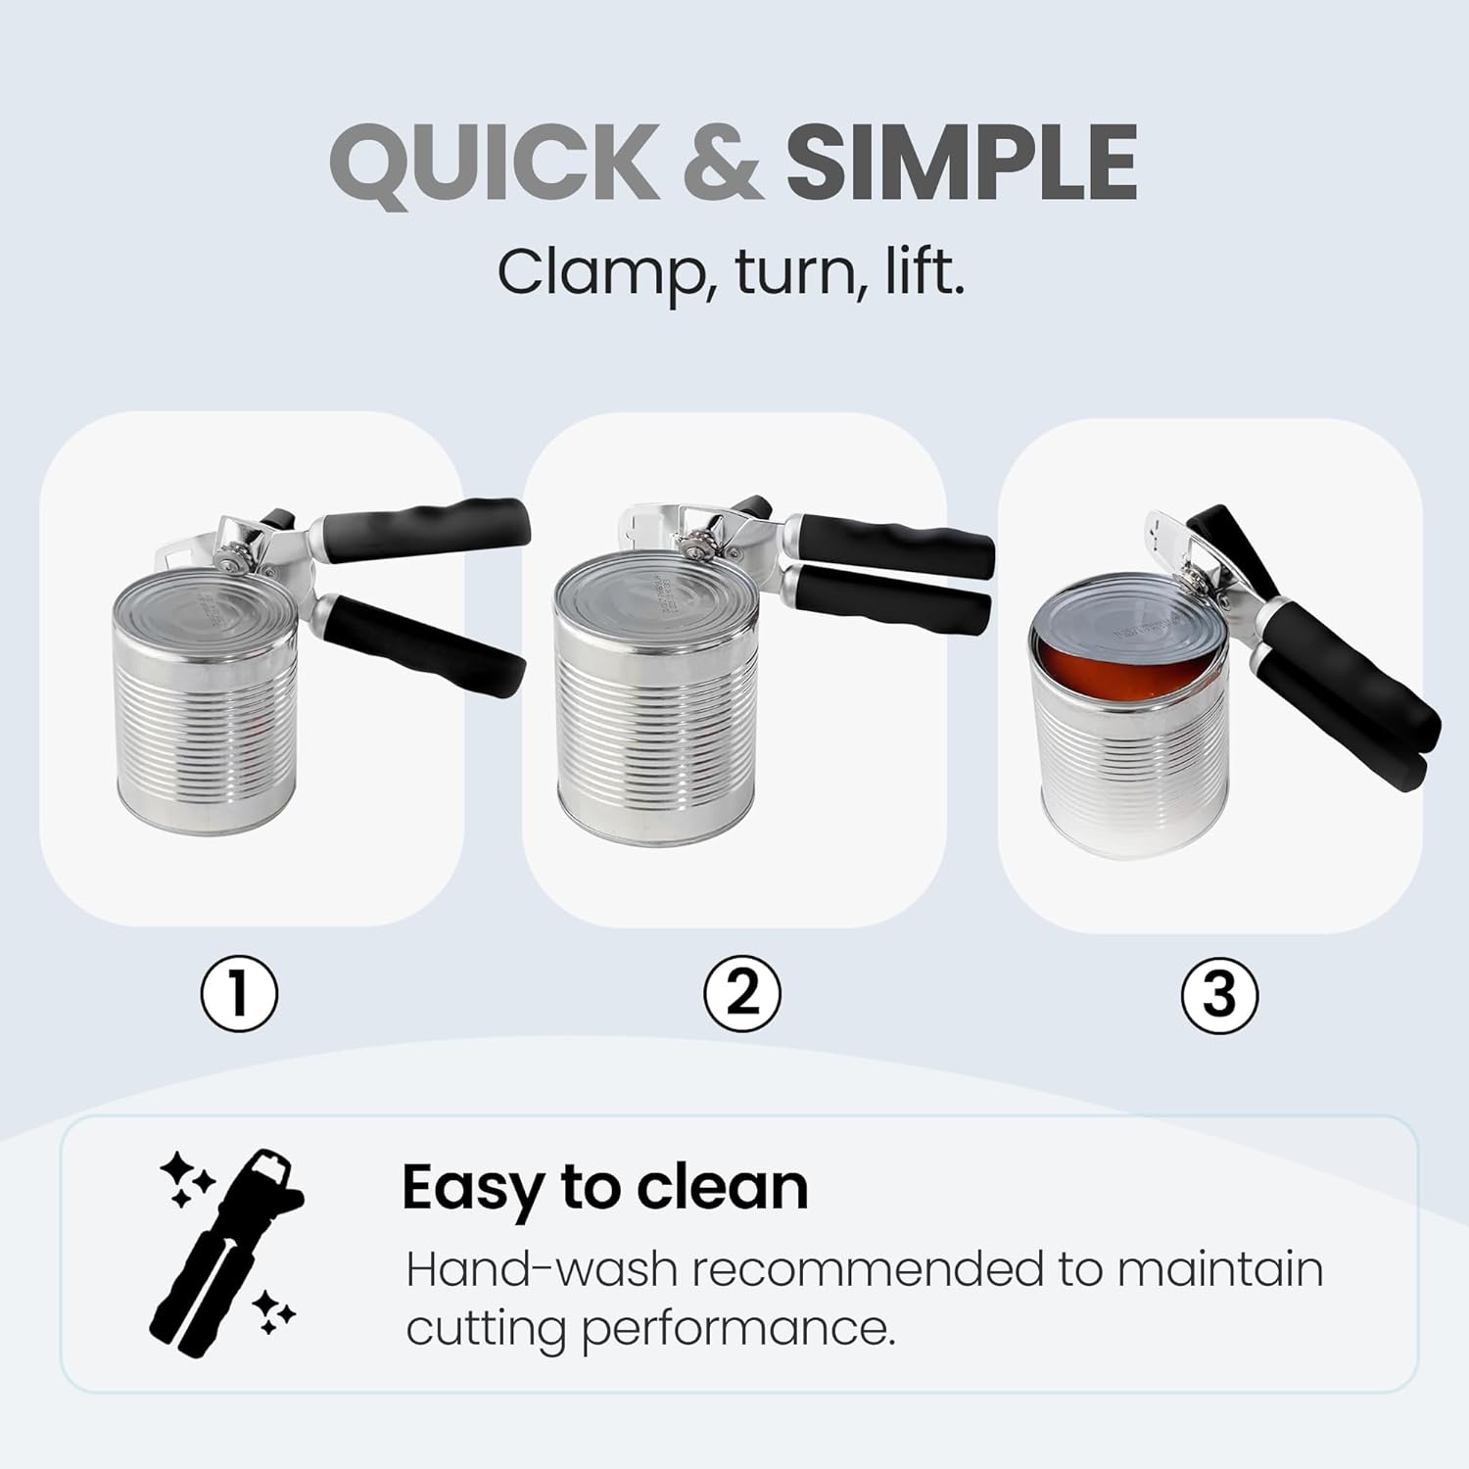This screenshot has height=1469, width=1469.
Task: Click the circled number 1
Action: [240, 993]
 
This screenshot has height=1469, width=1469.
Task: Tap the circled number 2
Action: [742, 993]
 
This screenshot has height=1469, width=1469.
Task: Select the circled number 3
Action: [1219, 994]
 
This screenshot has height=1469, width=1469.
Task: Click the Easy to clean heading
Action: [605, 1188]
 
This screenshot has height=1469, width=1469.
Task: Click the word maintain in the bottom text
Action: [1220, 1269]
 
